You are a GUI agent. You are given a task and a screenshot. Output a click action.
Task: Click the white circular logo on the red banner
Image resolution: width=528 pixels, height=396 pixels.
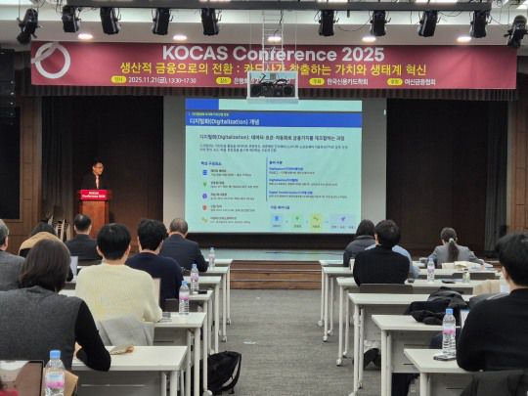point(51,61)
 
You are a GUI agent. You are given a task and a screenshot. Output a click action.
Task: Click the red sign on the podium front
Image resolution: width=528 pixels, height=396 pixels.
point(95,196)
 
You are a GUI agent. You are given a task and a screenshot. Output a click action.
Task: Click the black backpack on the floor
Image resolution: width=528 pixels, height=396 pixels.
point(224,371)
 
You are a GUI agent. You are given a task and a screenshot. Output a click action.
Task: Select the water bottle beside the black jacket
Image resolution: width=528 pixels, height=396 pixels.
point(448,332)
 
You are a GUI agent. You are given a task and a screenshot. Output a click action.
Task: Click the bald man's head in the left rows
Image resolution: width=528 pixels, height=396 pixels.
point(178,228)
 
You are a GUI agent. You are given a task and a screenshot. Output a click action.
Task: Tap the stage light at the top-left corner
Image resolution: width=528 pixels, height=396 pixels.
point(26,25)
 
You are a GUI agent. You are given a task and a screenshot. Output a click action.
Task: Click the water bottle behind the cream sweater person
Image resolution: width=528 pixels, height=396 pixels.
point(184,298)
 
